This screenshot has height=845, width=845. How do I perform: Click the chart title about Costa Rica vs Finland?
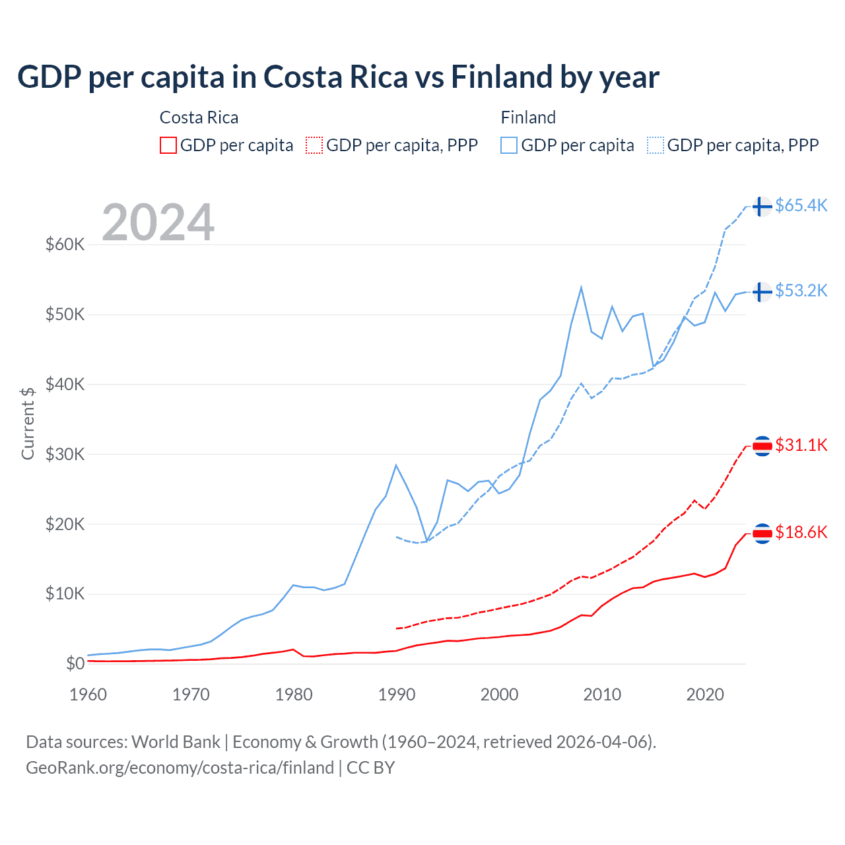[x=338, y=77]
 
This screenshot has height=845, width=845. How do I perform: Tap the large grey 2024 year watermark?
[x=158, y=222]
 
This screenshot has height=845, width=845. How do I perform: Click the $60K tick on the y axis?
[x=65, y=245]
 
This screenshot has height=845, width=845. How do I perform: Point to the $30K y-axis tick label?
[x=65, y=454]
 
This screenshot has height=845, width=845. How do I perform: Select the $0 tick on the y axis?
[x=75, y=663]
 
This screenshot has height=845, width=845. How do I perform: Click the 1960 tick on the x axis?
[x=88, y=694]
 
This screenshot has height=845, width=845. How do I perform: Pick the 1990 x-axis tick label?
[x=397, y=694]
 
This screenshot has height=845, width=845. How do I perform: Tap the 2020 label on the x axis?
[x=705, y=694]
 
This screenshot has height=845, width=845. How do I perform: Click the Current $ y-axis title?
[x=28, y=423]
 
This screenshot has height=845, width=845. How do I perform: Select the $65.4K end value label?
[x=801, y=206]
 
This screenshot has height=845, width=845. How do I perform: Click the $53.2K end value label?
[x=801, y=291]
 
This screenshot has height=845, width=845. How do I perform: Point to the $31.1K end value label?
[x=801, y=446]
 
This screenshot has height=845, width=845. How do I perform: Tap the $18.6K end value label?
[x=801, y=533]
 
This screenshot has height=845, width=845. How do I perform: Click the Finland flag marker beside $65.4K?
[x=762, y=207]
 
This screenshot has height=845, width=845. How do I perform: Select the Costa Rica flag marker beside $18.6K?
[x=762, y=533]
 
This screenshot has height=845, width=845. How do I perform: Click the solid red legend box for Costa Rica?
[x=168, y=145]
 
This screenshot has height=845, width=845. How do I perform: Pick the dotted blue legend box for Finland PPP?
[x=656, y=145]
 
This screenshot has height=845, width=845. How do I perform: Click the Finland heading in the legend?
[x=528, y=118]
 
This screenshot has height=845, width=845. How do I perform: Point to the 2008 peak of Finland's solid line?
[x=581, y=287]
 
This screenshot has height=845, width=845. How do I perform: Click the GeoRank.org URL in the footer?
[x=180, y=768]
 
